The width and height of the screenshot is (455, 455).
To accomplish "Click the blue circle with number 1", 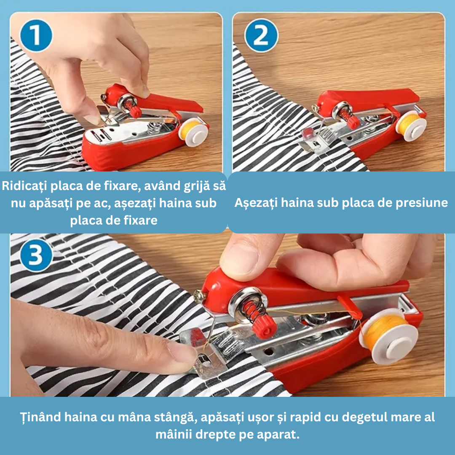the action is [x=36, y=36].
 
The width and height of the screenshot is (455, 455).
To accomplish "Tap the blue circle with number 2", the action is [x=261, y=36].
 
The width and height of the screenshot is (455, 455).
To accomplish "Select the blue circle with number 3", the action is [x=36, y=255].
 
